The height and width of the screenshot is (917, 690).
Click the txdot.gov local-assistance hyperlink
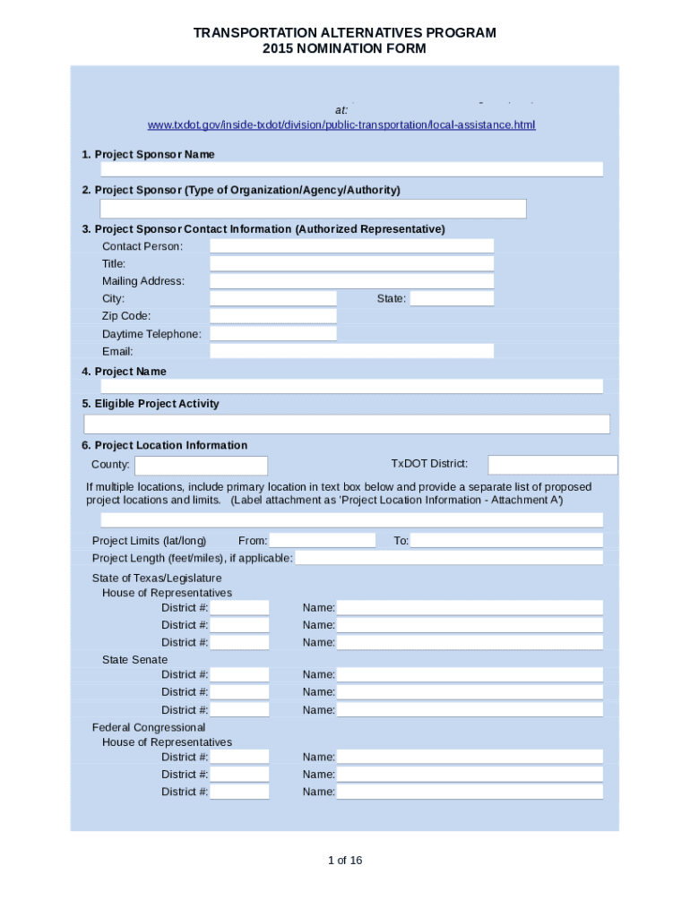[341, 124]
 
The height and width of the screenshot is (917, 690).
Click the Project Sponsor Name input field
[351, 169]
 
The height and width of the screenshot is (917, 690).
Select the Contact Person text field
[351, 246]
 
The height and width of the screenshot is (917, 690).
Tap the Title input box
[351, 263]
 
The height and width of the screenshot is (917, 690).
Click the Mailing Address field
[351, 281]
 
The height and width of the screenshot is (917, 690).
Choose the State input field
[452, 298]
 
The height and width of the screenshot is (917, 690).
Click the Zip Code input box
[273, 316]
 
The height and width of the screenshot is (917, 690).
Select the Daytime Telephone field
[273, 334]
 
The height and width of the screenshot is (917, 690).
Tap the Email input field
[351, 351]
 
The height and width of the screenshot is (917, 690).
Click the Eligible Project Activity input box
[347, 424]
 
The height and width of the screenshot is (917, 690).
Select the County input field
[201, 466]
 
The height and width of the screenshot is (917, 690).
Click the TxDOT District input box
[552, 465]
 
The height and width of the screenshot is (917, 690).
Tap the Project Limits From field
[323, 541]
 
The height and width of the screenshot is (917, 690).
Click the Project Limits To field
[506, 541]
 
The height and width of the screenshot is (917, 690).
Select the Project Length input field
[449, 559]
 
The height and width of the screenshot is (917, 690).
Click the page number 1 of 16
[345, 861]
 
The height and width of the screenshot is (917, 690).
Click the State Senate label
[134, 660]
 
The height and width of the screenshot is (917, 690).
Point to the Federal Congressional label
[149, 727]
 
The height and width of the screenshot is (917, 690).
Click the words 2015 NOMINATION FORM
[344, 49]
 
